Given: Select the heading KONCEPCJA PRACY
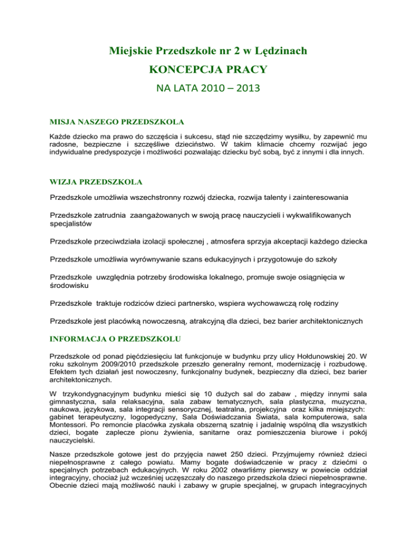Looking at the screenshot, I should pyautogui.click(x=208, y=71).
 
